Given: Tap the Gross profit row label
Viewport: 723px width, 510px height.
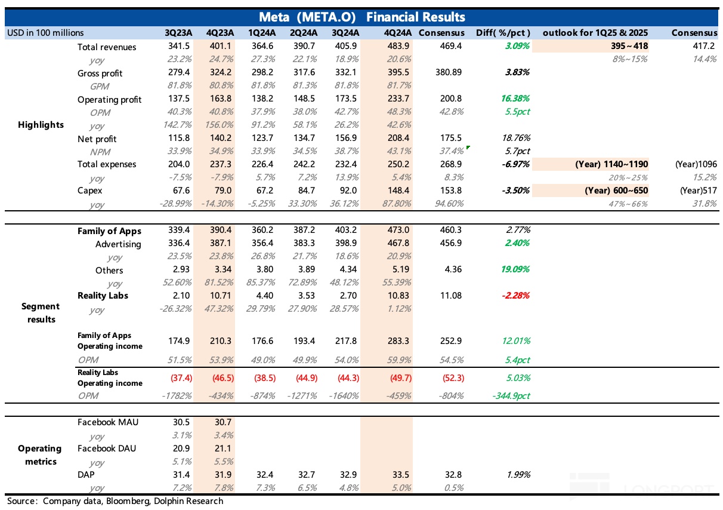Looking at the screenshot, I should pos(100,73).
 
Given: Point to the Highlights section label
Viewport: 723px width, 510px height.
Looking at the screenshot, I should pos(41,125).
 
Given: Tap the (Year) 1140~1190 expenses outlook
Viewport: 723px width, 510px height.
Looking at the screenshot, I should pos(612,164).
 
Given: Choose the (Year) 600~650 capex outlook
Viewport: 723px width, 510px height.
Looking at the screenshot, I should pos(612,191).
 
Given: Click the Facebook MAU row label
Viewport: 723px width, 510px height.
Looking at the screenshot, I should pos(108,422).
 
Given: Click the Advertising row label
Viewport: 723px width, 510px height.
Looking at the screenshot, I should pos(118,244).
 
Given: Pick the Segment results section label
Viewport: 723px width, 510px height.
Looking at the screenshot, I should pos(41,312).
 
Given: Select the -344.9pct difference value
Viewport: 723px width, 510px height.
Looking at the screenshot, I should pos(511,395).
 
